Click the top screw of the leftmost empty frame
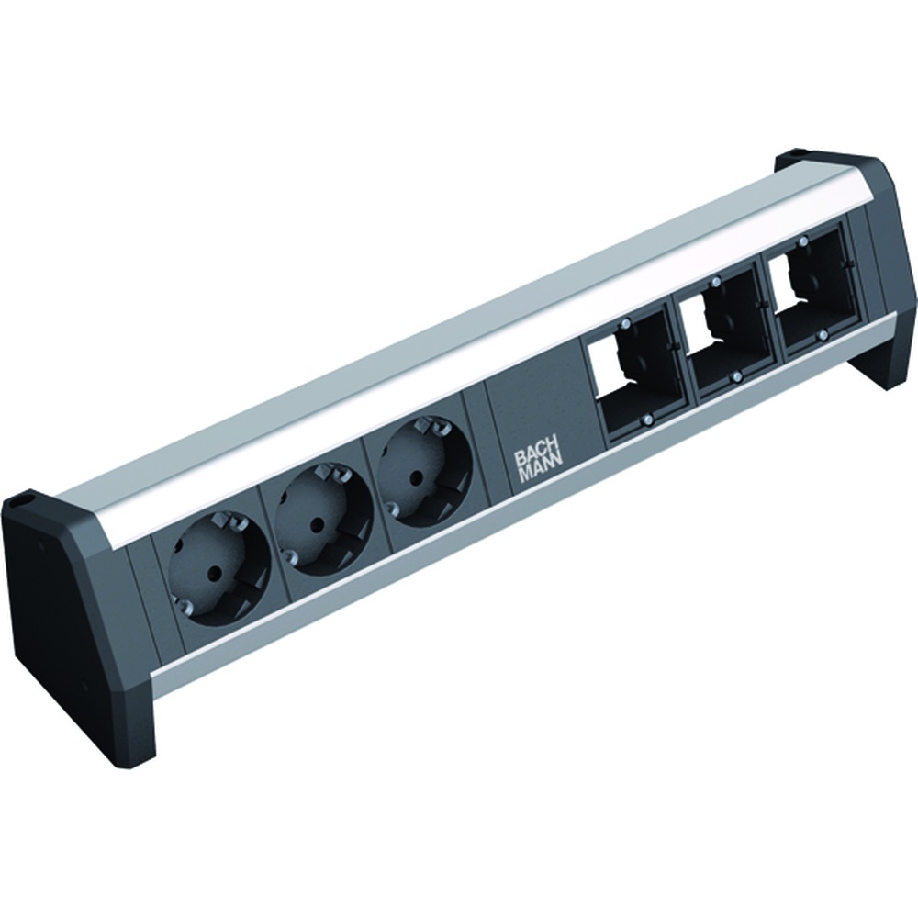pos(624,324)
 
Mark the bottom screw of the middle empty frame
pos(736,377)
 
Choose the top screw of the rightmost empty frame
pos(803,241)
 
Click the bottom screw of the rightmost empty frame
pos(824,336)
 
